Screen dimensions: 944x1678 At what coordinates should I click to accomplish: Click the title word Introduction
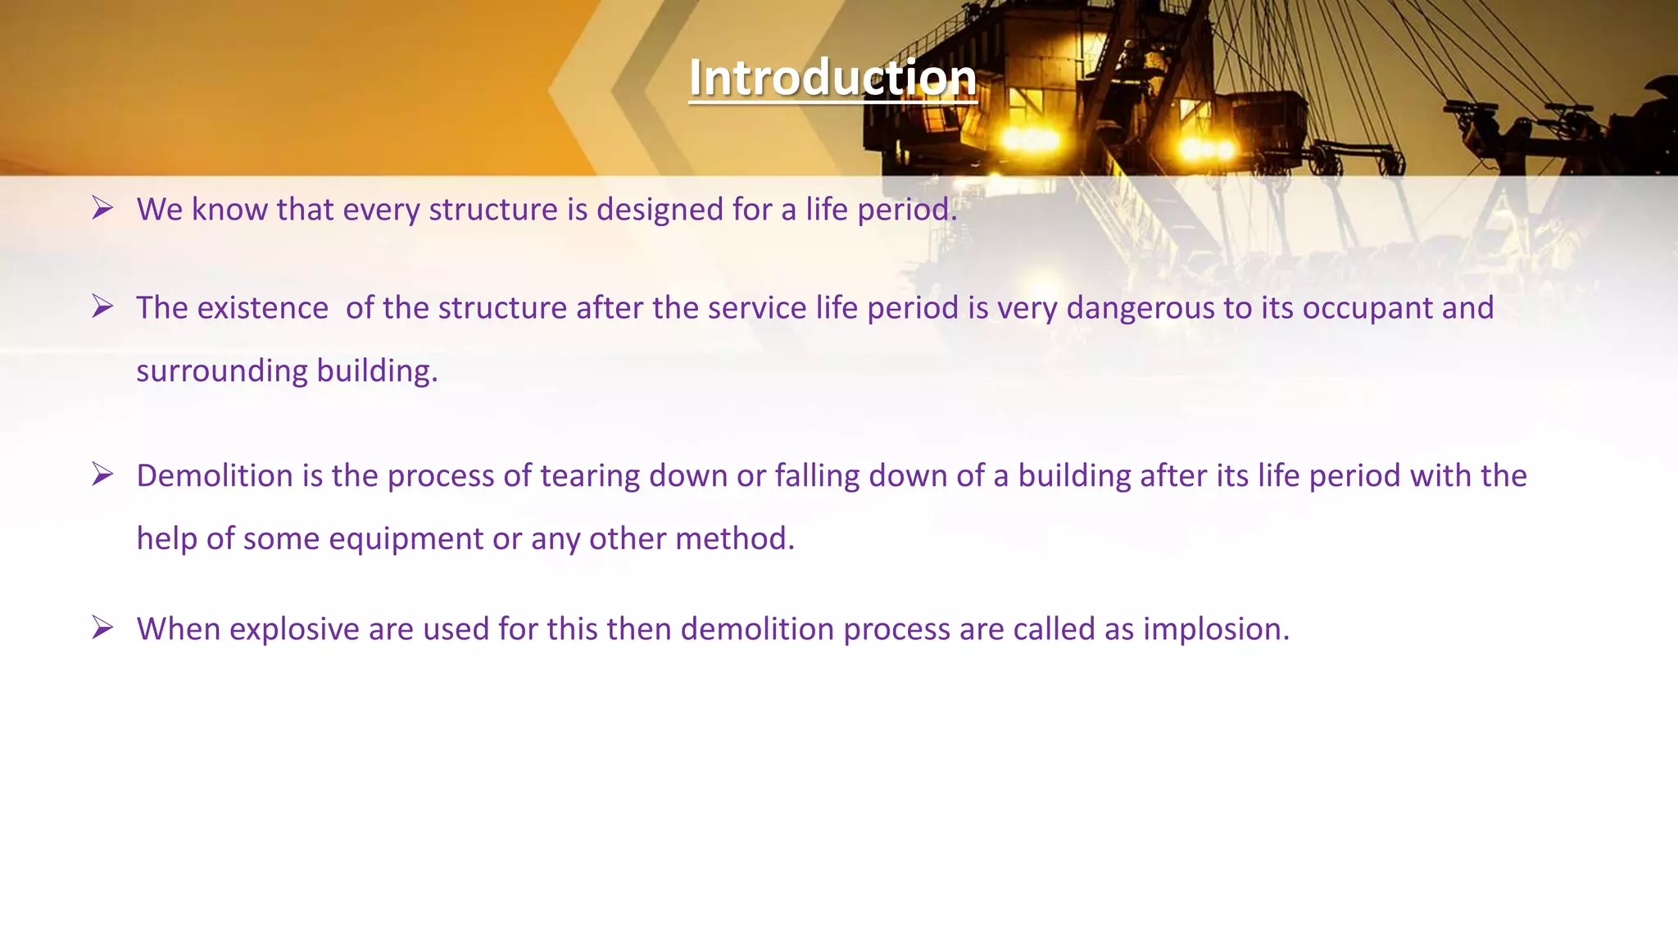tap(832, 78)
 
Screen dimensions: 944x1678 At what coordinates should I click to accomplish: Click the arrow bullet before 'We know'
tap(102, 209)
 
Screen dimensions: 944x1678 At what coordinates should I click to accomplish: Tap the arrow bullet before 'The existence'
tap(102, 307)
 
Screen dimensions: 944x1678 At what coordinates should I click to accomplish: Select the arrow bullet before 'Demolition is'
tap(102, 475)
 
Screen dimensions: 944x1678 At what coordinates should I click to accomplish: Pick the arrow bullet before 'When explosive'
tap(102, 629)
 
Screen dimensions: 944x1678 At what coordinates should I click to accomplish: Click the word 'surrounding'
tap(221, 372)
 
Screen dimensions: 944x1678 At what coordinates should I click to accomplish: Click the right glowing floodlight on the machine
tap(1204, 148)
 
